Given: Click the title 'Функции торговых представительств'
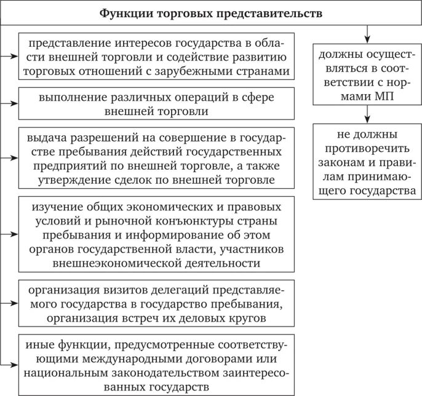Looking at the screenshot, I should (x=211, y=12).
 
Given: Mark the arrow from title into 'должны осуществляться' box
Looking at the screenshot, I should (x=367, y=34).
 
